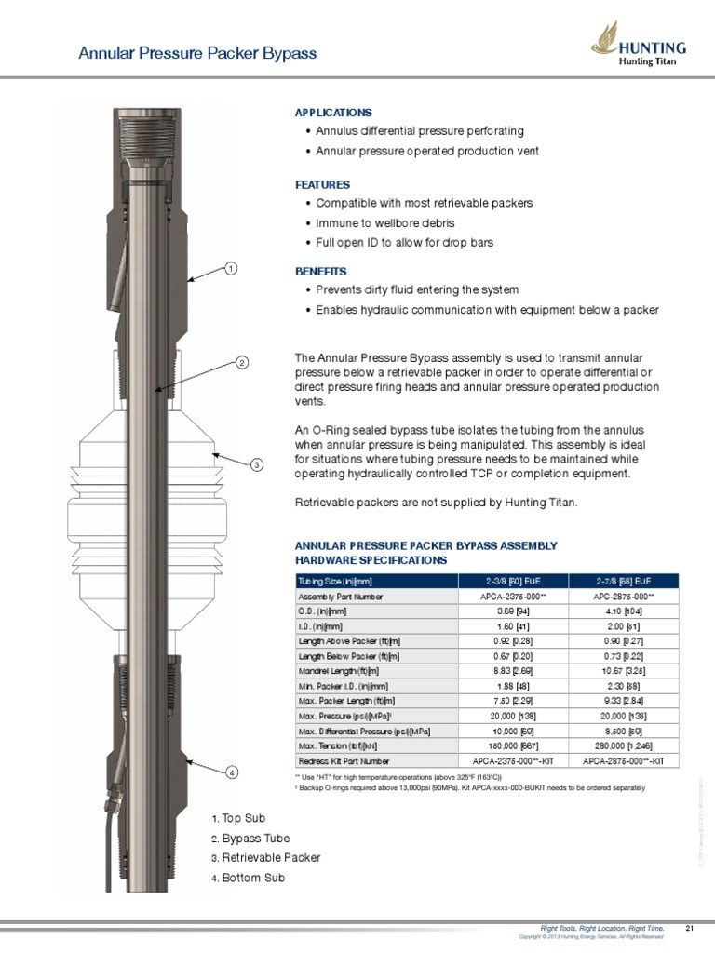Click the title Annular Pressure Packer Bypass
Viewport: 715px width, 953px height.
click(197, 53)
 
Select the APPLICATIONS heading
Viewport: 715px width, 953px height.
click(333, 113)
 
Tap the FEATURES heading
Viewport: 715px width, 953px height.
click(322, 185)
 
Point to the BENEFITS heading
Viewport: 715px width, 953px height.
click(321, 271)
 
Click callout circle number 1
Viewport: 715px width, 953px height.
click(230, 269)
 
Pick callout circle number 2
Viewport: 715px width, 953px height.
click(240, 362)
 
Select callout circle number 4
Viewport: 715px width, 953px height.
click(231, 772)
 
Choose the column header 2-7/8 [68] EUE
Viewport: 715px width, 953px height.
click(624, 581)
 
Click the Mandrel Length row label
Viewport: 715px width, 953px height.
click(338, 671)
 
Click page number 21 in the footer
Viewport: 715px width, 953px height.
click(690, 928)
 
